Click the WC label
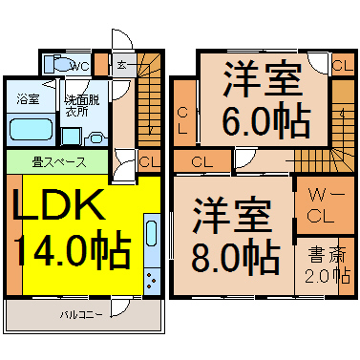click(x=79, y=67)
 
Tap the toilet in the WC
click(x=58, y=64)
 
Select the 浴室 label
click(x=28, y=99)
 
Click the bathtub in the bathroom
click(x=31, y=129)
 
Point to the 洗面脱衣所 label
click(x=82, y=105)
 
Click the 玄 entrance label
click(x=121, y=65)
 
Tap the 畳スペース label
click(x=59, y=162)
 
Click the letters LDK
click(x=59, y=204)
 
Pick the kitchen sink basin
click(x=152, y=233)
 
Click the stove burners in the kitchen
click(x=152, y=282)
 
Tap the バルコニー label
click(x=81, y=315)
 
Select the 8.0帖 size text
click(x=236, y=256)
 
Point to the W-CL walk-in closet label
click(x=326, y=206)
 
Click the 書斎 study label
click(x=327, y=255)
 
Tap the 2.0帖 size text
click(x=328, y=275)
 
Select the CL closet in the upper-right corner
click(x=343, y=66)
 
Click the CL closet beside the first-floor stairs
click(x=149, y=161)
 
